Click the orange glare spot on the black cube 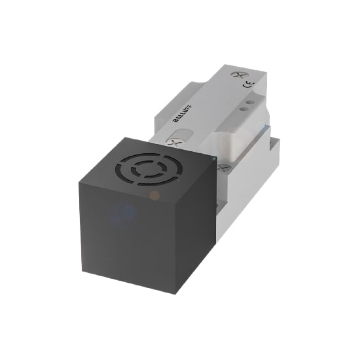pos(154,195)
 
